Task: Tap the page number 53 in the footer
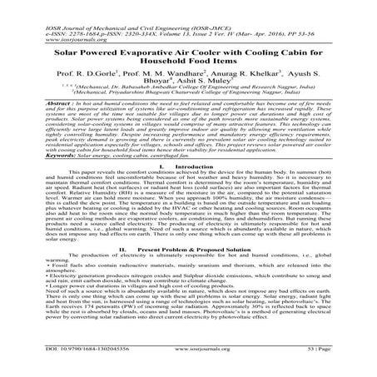coord(330,363)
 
